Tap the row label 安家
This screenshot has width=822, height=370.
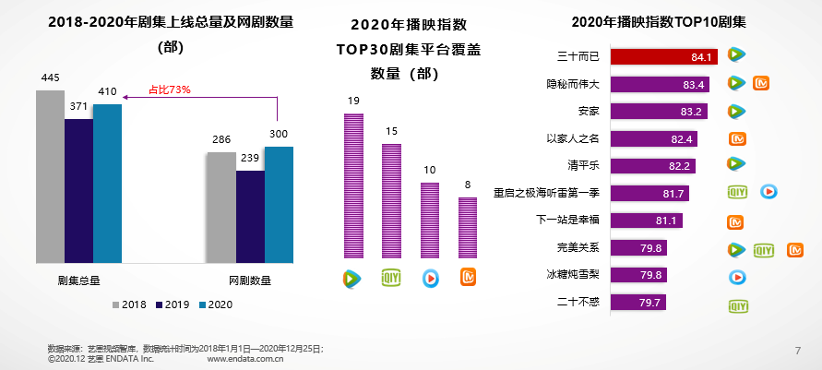tap(586, 112)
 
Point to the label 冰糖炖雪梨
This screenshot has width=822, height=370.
tap(574, 275)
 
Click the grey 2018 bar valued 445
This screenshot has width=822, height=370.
tap(50, 175)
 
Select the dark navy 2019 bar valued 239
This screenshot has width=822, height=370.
tap(250, 217)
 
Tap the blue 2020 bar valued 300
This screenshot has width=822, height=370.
tap(279, 205)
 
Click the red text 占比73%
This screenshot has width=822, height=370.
tap(170, 90)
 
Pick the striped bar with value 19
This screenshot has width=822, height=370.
tap(352, 185)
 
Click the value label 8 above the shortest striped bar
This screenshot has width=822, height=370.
tap(468, 185)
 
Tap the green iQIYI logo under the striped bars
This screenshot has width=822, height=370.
tap(390, 276)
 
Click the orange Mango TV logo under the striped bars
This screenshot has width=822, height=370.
tap(468, 276)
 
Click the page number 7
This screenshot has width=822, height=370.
tap(797, 350)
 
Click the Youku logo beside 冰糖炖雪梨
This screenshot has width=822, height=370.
tap(736, 276)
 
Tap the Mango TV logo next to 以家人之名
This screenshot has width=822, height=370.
tap(737, 139)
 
